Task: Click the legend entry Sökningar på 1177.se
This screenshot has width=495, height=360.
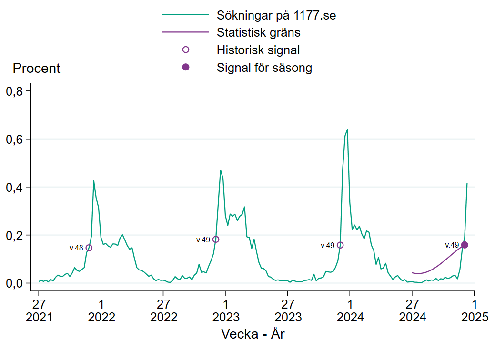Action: [276, 15]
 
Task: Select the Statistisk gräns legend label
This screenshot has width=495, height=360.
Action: [258, 33]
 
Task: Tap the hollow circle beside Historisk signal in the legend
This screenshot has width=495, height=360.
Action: [186, 50]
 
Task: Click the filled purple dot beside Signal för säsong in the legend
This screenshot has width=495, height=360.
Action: [186, 67]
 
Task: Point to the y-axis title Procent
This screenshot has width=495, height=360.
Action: [37, 68]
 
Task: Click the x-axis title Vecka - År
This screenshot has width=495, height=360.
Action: [253, 334]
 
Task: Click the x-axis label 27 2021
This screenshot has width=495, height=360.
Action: [39, 310]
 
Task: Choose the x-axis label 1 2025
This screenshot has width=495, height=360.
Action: [474, 310]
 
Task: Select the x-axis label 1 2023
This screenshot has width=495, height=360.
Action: [225, 310]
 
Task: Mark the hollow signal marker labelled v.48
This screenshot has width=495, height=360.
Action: [89, 248]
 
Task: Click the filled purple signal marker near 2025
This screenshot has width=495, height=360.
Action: [465, 245]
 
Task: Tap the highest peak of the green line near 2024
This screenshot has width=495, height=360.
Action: [347, 130]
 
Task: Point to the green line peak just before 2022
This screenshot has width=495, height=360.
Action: [94, 181]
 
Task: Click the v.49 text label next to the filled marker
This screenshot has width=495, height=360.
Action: [452, 245]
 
